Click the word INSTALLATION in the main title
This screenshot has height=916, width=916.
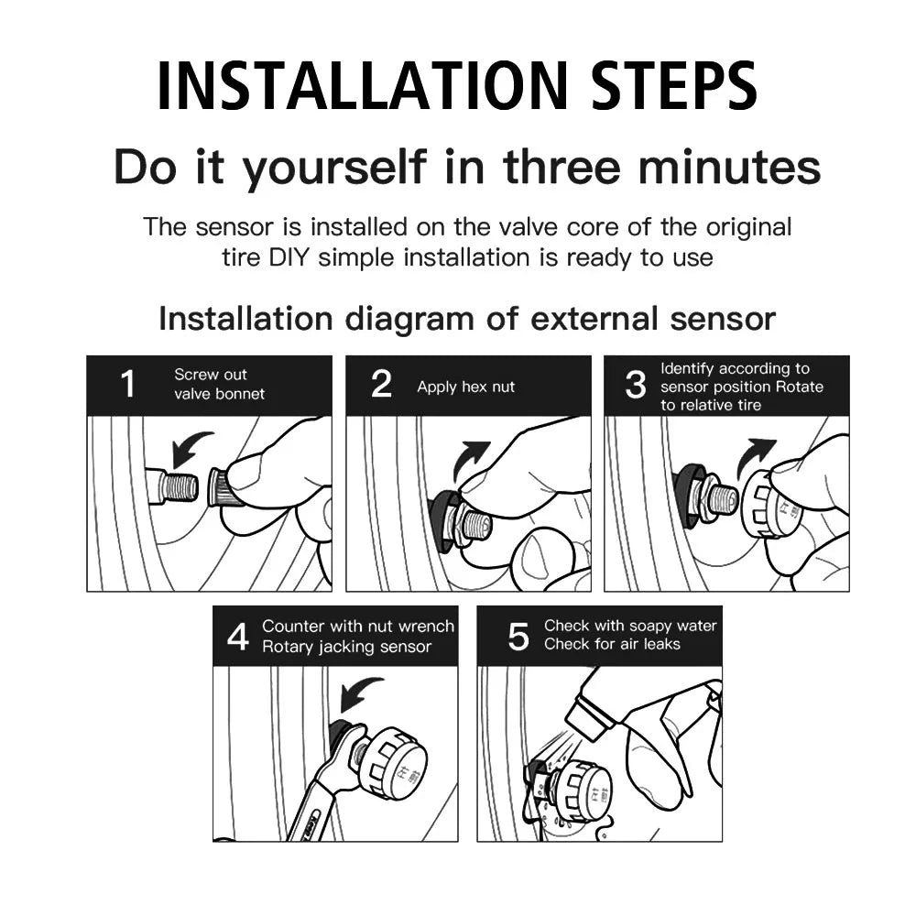pyautogui.click(x=362, y=86)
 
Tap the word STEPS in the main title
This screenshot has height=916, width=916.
pyautogui.click(x=675, y=86)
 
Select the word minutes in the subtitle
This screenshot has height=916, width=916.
pyautogui.click(x=729, y=167)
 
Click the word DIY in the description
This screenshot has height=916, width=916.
pyautogui.click(x=289, y=257)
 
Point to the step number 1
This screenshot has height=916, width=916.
pyautogui.click(x=128, y=384)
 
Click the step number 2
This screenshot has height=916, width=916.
pyautogui.click(x=381, y=384)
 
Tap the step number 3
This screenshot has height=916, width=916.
pyautogui.click(x=636, y=385)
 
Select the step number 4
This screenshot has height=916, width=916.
pyautogui.click(x=238, y=637)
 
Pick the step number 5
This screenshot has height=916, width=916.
pyautogui.click(x=518, y=637)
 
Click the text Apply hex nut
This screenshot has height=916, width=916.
pyautogui.click(x=465, y=387)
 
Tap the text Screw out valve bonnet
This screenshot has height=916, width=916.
pyautogui.click(x=219, y=384)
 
